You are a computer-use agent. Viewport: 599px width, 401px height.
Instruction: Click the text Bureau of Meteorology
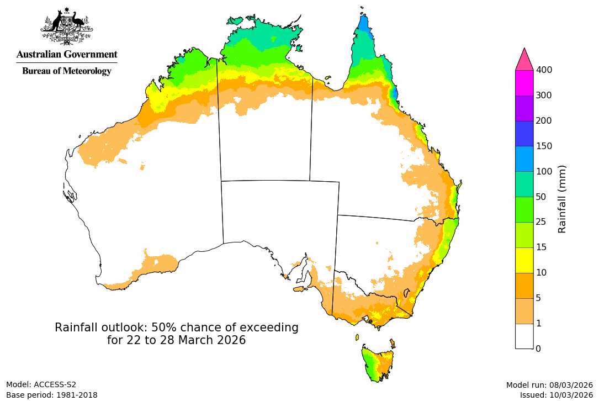66,71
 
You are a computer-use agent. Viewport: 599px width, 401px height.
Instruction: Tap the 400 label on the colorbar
544,70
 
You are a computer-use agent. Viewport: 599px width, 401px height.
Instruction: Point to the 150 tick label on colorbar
544,146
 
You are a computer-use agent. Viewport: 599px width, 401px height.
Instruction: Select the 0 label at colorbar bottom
538,349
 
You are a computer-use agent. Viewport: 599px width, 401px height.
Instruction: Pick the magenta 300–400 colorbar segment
524,83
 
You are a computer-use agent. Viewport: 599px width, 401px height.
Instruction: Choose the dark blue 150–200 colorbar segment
524,133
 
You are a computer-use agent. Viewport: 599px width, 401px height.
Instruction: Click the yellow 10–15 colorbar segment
524,260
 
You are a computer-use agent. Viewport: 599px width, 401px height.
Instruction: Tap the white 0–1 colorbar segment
524,336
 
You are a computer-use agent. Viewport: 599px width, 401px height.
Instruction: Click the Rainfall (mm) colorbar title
563,199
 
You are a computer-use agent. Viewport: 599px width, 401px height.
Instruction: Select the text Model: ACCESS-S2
41,384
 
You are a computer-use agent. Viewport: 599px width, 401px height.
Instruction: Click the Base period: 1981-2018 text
51,395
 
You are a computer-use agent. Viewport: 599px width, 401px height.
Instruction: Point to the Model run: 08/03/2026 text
549,385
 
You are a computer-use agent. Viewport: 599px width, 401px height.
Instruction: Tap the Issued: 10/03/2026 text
556,395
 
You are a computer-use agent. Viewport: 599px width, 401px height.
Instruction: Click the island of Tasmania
378,361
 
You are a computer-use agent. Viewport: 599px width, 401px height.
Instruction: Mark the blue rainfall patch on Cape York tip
363,25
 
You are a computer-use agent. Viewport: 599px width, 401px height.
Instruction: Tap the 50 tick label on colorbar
542,197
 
